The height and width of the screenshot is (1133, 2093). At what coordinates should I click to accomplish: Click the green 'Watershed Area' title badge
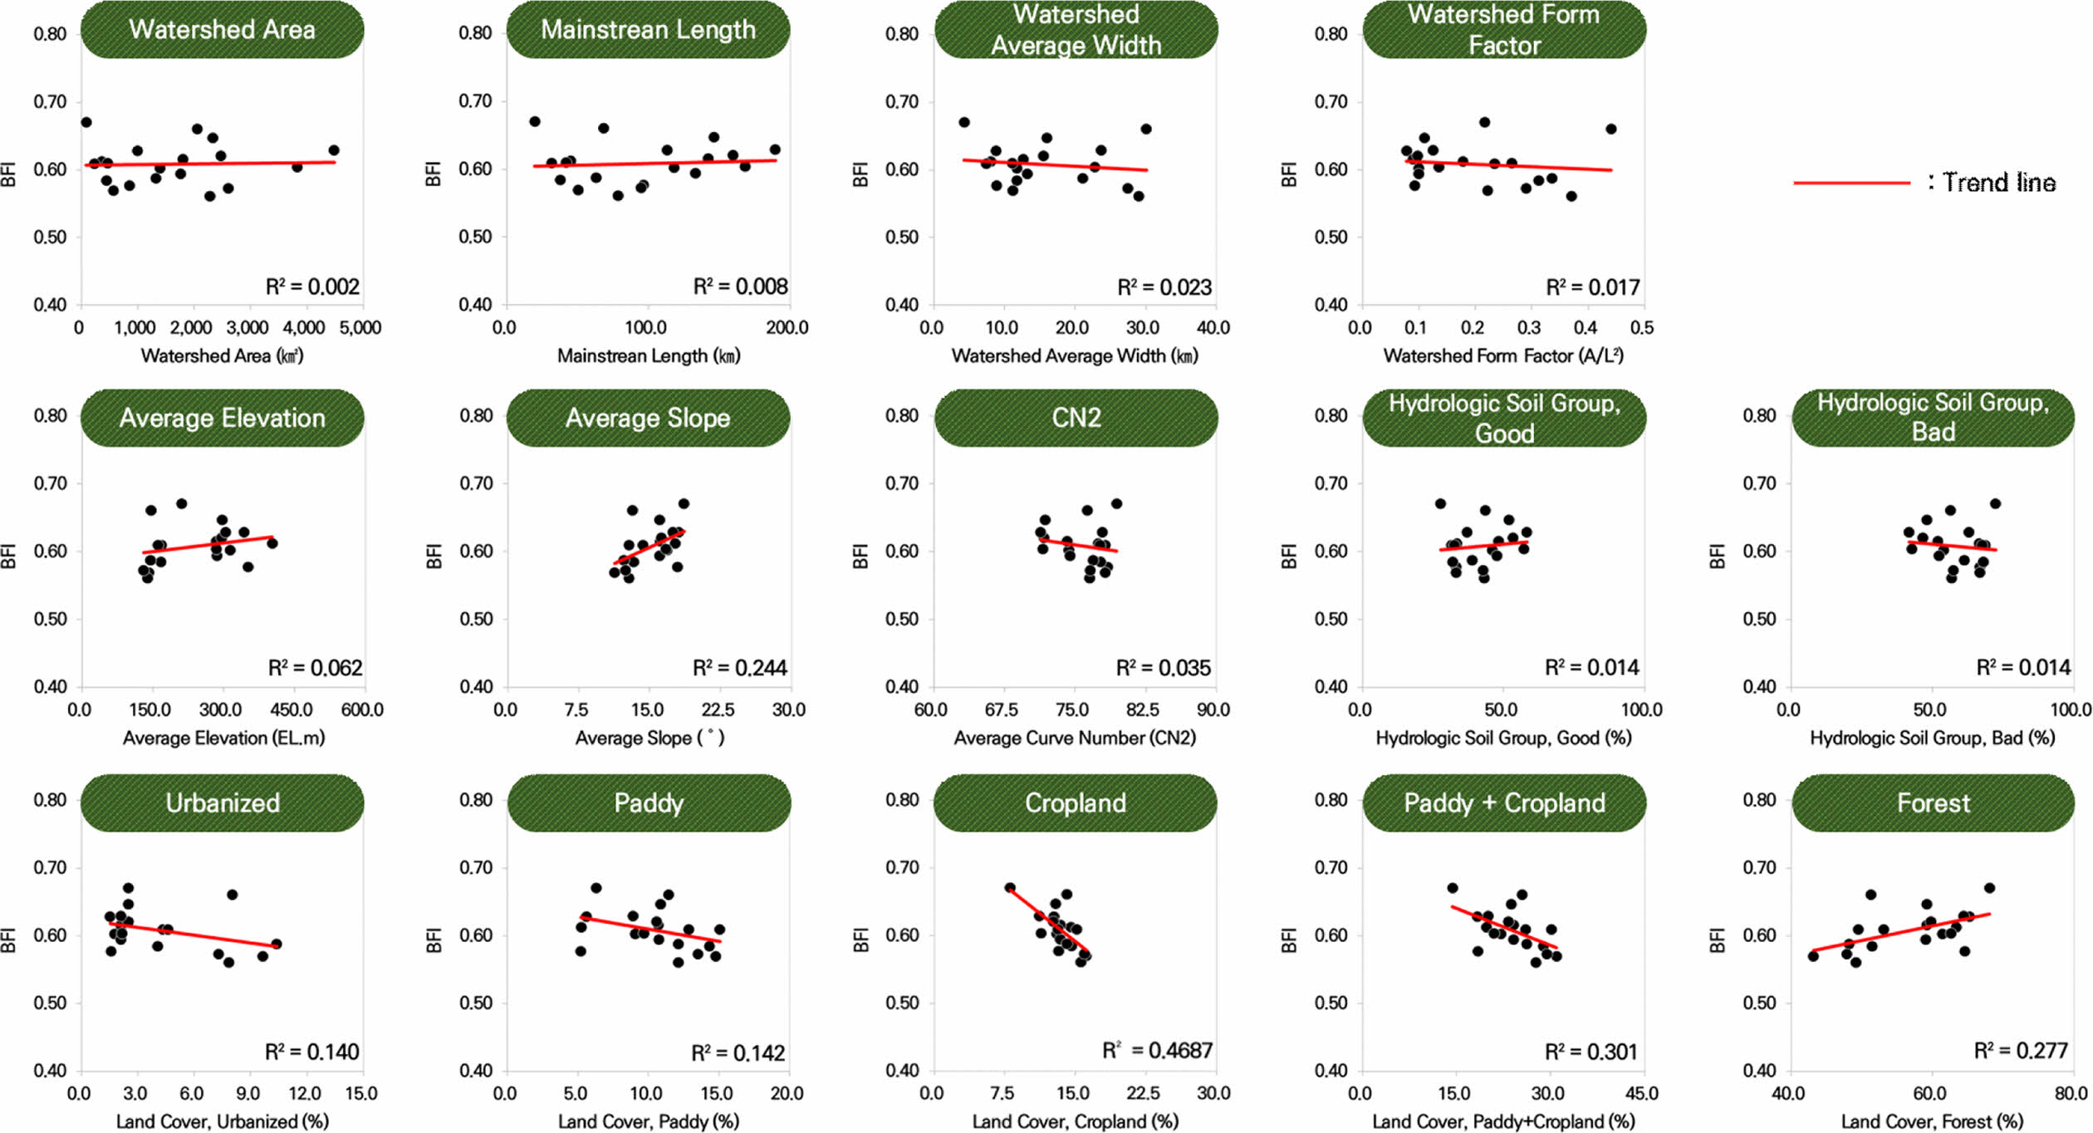pos(222,30)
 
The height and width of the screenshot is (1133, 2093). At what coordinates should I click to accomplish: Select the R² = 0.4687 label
pos(1157,1051)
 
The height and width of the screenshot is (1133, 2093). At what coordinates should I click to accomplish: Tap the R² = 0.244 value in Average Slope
pos(739,668)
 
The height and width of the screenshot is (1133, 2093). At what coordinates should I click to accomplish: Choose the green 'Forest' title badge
pos(1933,803)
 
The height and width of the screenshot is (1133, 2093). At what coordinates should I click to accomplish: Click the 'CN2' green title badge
pos(1076,418)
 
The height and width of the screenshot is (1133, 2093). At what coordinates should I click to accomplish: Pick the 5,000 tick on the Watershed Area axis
pos(360,328)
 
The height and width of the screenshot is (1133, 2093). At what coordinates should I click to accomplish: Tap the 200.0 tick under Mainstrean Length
pos(787,328)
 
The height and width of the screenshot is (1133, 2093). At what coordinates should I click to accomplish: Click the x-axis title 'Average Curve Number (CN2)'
pos(1075,738)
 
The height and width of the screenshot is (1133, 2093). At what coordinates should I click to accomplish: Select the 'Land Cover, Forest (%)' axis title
pos(1932,1122)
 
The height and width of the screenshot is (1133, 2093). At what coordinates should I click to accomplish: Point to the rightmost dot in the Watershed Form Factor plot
pos(1610,129)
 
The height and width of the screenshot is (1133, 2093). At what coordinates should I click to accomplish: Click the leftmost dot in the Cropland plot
pos(1010,888)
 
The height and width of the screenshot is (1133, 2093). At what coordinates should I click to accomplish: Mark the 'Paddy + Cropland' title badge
pos(1504,803)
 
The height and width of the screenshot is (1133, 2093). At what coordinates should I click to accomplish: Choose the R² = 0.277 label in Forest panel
pos(2021,1051)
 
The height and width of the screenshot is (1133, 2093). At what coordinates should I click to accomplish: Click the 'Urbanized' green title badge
pos(222,803)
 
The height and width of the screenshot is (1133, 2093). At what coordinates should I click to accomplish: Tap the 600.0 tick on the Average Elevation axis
pos(363,710)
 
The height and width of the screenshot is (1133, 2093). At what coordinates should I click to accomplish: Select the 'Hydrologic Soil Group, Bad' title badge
pos(1933,418)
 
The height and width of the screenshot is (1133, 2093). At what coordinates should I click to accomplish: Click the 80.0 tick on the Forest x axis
pos(2071,1094)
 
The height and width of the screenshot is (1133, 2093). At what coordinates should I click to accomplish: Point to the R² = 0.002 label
pos(312,287)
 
